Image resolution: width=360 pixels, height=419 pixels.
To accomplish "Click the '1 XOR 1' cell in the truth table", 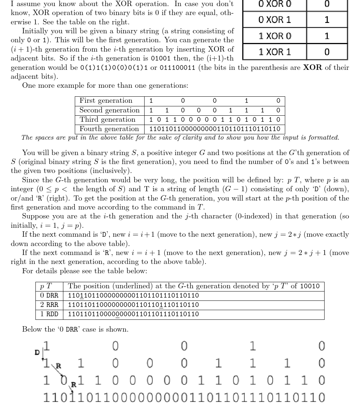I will pyautogui.click(x=274, y=52).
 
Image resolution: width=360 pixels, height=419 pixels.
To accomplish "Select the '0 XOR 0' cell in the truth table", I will pyautogui.click(x=274, y=5).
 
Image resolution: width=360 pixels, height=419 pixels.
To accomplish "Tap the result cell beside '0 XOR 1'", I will pyautogui.click(x=327, y=20).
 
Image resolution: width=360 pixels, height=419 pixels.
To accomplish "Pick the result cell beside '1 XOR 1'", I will pyautogui.click(x=327, y=52).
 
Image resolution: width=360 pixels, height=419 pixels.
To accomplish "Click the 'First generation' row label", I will pyautogui.click(x=106, y=101).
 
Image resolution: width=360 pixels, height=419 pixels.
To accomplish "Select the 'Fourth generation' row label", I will pyautogui.click(x=109, y=129).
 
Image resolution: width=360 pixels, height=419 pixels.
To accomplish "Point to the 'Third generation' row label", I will pyautogui.click(x=107, y=119).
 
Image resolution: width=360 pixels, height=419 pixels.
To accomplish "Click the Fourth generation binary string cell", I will pyautogui.click(x=214, y=129).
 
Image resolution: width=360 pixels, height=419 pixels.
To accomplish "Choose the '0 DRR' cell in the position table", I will pyautogui.click(x=49, y=295).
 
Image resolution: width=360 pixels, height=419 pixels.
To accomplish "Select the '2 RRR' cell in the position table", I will pyautogui.click(x=49, y=305).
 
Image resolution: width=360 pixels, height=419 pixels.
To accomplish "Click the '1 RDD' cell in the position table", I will pyautogui.click(x=49, y=314).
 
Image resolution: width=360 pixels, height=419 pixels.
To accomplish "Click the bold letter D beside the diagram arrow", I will pyautogui.click(x=37, y=352).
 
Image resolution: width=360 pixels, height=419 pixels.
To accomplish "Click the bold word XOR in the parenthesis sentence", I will pyautogui.click(x=312, y=67).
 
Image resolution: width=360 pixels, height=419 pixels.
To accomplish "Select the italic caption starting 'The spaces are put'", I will pyautogui.click(x=180, y=138).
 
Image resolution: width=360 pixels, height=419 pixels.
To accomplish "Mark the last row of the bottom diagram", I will pyautogui.click(x=184, y=398).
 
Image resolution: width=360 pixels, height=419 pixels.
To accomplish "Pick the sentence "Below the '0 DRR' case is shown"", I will pyautogui.click(x=75, y=329).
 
